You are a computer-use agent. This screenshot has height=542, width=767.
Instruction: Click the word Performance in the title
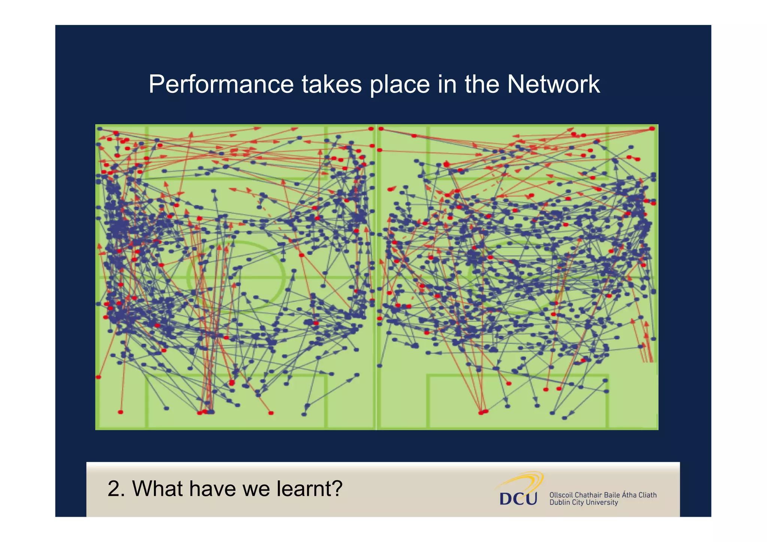point(221,84)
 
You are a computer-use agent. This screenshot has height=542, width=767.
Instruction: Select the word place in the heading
point(400,84)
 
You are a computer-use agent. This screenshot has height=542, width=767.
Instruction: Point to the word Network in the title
point(553,84)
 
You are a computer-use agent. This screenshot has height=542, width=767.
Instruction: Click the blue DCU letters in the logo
point(518,499)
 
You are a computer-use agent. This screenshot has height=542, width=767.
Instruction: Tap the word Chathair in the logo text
point(588,495)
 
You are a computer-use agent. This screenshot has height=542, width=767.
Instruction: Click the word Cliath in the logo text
point(648,495)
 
